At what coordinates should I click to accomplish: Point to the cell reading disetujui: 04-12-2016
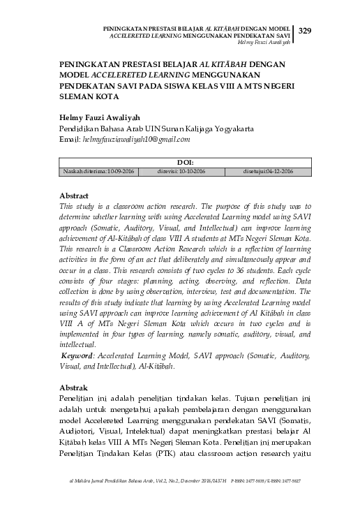coord(268,171)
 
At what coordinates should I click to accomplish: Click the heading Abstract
coord(73,198)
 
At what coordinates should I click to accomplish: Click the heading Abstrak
coord(73,388)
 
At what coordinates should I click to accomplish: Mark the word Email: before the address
coord(68,140)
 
